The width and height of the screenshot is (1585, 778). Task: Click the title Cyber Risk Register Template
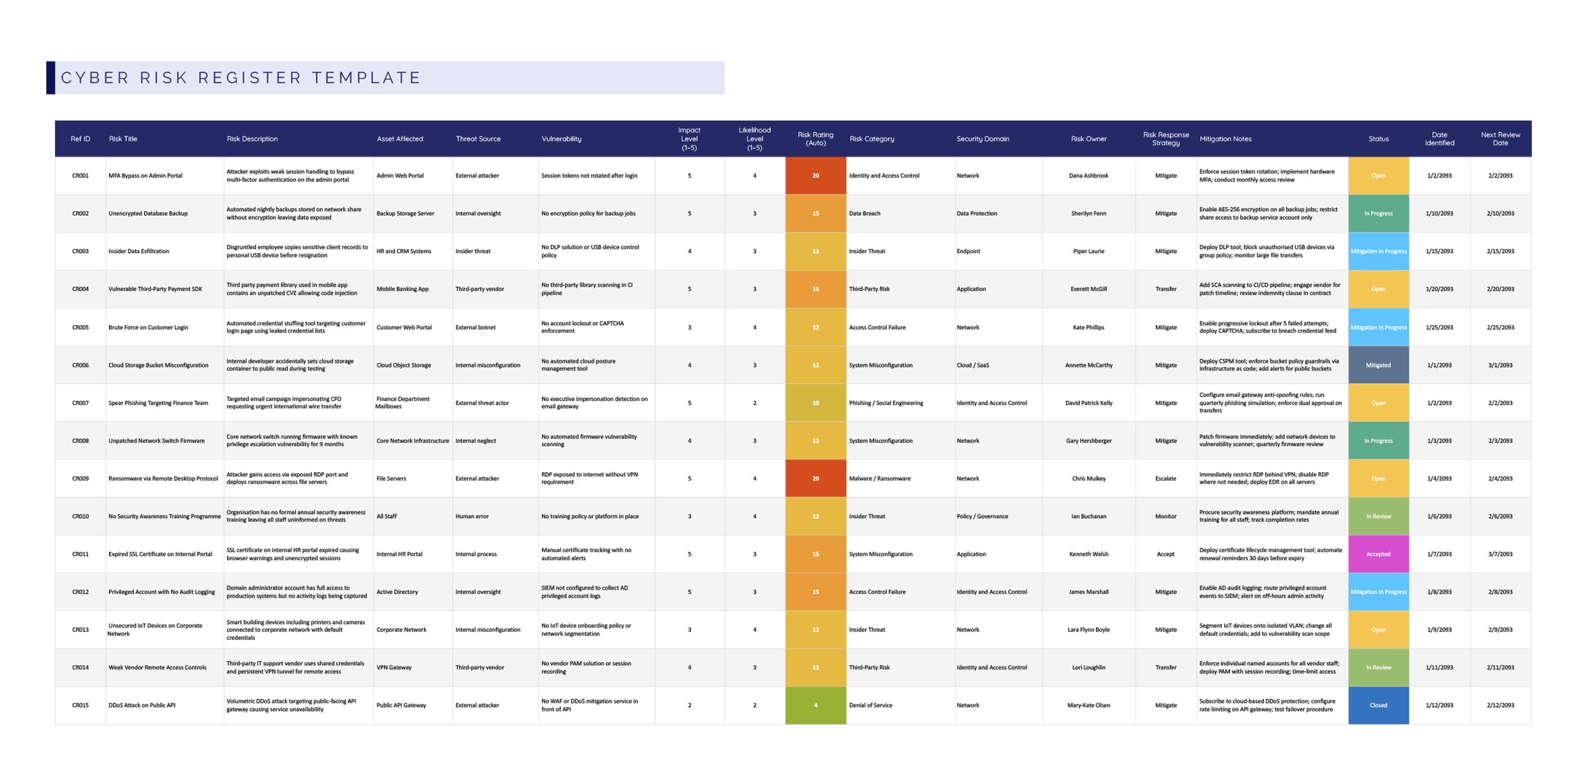(241, 78)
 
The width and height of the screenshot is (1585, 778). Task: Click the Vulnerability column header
(561, 139)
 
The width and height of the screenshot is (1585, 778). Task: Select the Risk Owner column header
(1089, 139)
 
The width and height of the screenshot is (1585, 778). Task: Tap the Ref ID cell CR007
(81, 403)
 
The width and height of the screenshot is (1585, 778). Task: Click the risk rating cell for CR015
(815, 705)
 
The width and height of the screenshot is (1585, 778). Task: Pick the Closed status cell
(1378, 705)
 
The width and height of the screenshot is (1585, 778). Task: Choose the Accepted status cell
(1378, 554)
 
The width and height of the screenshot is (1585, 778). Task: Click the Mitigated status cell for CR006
(1378, 365)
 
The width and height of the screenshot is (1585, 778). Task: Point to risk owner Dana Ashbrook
(1089, 176)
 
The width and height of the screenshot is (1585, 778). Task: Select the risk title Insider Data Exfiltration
(139, 251)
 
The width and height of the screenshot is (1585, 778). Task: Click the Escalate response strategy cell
(1165, 479)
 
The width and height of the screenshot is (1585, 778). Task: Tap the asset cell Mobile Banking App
(403, 289)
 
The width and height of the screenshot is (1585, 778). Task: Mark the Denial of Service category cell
(870, 705)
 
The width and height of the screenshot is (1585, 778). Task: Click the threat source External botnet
(475, 328)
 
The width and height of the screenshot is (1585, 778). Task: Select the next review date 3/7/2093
(1500, 554)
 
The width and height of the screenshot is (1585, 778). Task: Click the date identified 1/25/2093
(1439, 328)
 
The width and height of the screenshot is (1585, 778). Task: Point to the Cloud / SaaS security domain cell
(973, 365)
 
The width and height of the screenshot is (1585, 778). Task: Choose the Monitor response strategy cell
(1165, 517)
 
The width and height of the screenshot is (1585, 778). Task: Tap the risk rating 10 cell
(815, 403)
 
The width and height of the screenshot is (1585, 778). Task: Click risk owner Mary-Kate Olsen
(1089, 705)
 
